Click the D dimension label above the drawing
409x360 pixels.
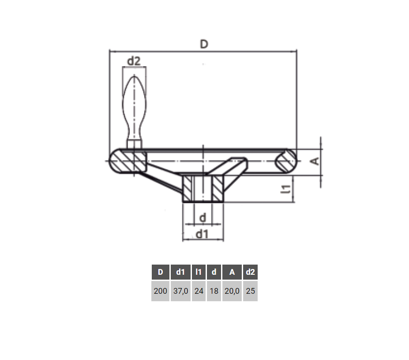204,44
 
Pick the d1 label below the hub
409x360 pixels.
202,234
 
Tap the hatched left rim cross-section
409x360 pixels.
127,161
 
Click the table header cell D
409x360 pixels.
161,272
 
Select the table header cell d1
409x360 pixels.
180,272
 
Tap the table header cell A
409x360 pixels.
232,272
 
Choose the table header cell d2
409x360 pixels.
251,272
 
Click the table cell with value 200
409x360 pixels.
161,291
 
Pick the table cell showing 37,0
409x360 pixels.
180,291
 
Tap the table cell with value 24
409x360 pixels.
199,291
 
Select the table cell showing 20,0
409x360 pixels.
232,291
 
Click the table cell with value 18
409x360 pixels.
214,291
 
